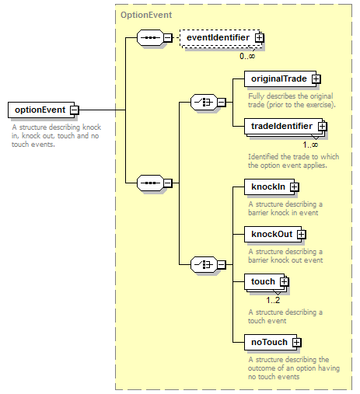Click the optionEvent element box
tap(41, 110)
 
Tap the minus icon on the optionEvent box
tap(75, 110)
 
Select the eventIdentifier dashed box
tap(220, 38)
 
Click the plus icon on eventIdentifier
tap(259, 38)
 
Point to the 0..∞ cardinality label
tap(247, 56)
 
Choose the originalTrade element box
tap(280, 78)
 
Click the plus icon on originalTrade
tap(316, 78)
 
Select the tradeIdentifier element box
tap(284, 127)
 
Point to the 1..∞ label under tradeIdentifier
tap(310, 145)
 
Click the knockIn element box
tap(269, 187)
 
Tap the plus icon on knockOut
tap(301, 234)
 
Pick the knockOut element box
tap(273, 234)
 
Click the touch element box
tap(264, 282)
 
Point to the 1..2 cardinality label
tap(273, 300)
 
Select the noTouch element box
tap(271, 342)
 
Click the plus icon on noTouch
tap(297, 342)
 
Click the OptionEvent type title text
tap(146, 15)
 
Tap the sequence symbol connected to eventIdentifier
tap(150, 38)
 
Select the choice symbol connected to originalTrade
tap(204, 102)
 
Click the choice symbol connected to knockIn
tap(204, 264)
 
